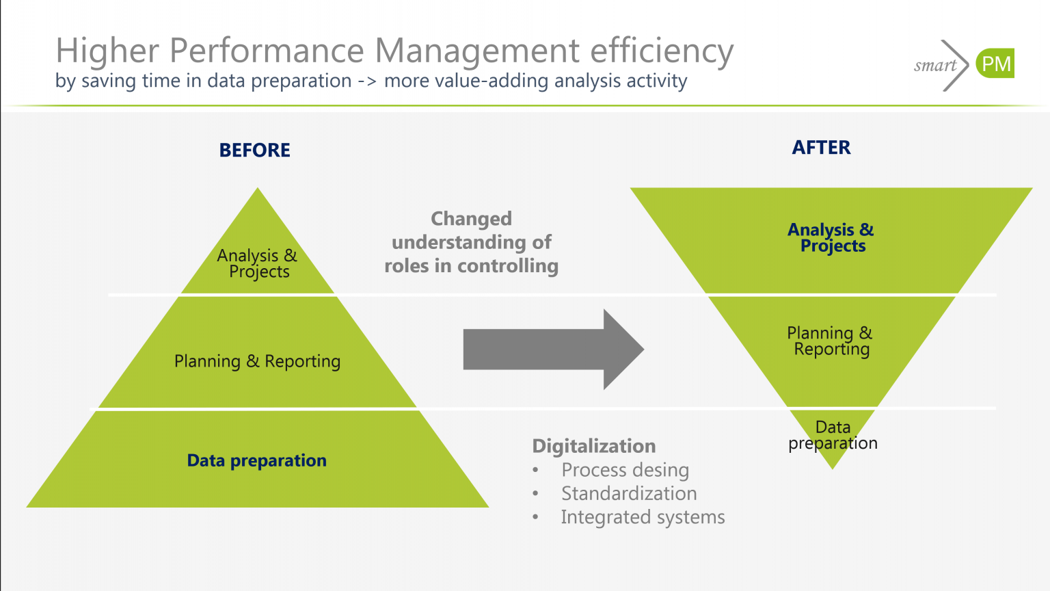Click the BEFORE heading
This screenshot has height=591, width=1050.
click(x=254, y=150)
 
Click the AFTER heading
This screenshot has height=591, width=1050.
click(x=821, y=148)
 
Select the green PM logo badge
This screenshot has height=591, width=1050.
click(x=995, y=64)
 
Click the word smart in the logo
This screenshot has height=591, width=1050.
click(x=934, y=66)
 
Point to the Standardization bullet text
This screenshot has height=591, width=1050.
click(x=629, y=493)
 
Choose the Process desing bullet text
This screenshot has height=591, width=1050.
click(x=625, y=470)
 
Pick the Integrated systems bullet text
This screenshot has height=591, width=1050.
click(x=643, y=517)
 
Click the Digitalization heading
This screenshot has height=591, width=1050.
click(x=593, y=446)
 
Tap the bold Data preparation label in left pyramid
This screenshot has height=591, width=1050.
click(x=256, y=460)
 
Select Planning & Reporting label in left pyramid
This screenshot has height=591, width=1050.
click(x=257, y=361)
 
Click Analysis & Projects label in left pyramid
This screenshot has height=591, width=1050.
click(x=258, y=263)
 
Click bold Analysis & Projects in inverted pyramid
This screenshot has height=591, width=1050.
click(x=831, y=237)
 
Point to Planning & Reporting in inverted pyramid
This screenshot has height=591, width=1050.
click(x=830, y=341)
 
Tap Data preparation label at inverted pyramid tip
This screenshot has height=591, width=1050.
click(x=833, y=435)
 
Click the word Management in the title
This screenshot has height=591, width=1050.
click(x=477, y=51)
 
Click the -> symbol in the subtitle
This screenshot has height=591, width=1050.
click(x=367, y=81)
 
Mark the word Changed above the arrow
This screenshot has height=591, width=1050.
click(x=471, y=219)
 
